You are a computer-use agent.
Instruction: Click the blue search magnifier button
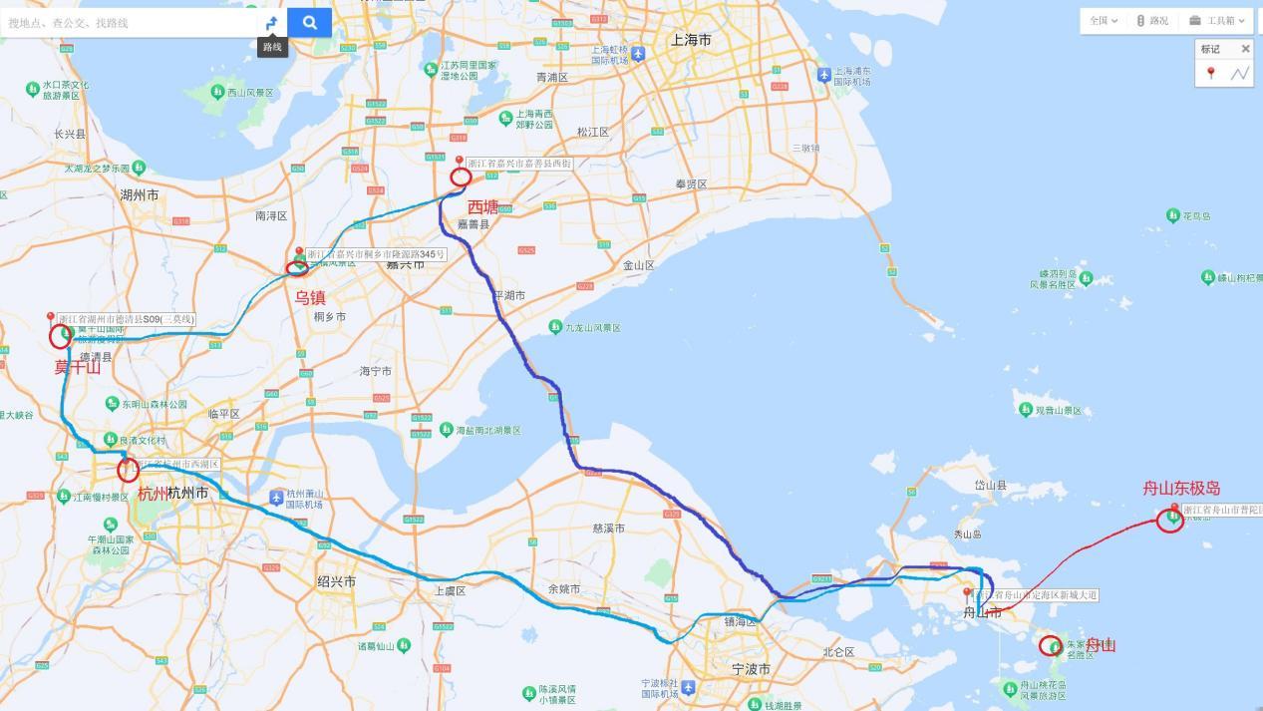(309, 22)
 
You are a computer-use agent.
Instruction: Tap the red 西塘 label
(483, 206)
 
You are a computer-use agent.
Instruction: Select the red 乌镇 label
(310, 297)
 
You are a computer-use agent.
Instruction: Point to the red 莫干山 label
(77, 367)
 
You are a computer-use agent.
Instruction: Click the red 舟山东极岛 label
(1181, 488)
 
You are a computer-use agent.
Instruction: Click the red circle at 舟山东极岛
(1170, 520)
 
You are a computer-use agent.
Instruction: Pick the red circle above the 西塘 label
(461, 177)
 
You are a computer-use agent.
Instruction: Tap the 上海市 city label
(691, 40)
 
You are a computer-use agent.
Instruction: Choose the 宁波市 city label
(751, 670)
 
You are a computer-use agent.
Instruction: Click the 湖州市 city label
(139, 195)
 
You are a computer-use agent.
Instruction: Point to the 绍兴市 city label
(336, 581)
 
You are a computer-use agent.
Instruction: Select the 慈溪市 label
(608, 529)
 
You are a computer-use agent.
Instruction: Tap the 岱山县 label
(990, 486)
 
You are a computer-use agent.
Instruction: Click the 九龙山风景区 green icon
(555, 327)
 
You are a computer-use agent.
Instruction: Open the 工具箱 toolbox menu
(1217, 21)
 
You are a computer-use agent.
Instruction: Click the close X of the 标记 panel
(1245, 49)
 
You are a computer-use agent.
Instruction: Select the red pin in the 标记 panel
(1211, 73)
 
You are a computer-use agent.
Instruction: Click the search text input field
(130, 22)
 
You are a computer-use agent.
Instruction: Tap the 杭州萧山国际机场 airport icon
(276, 497)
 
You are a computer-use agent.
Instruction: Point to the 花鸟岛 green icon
(1173, 215)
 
